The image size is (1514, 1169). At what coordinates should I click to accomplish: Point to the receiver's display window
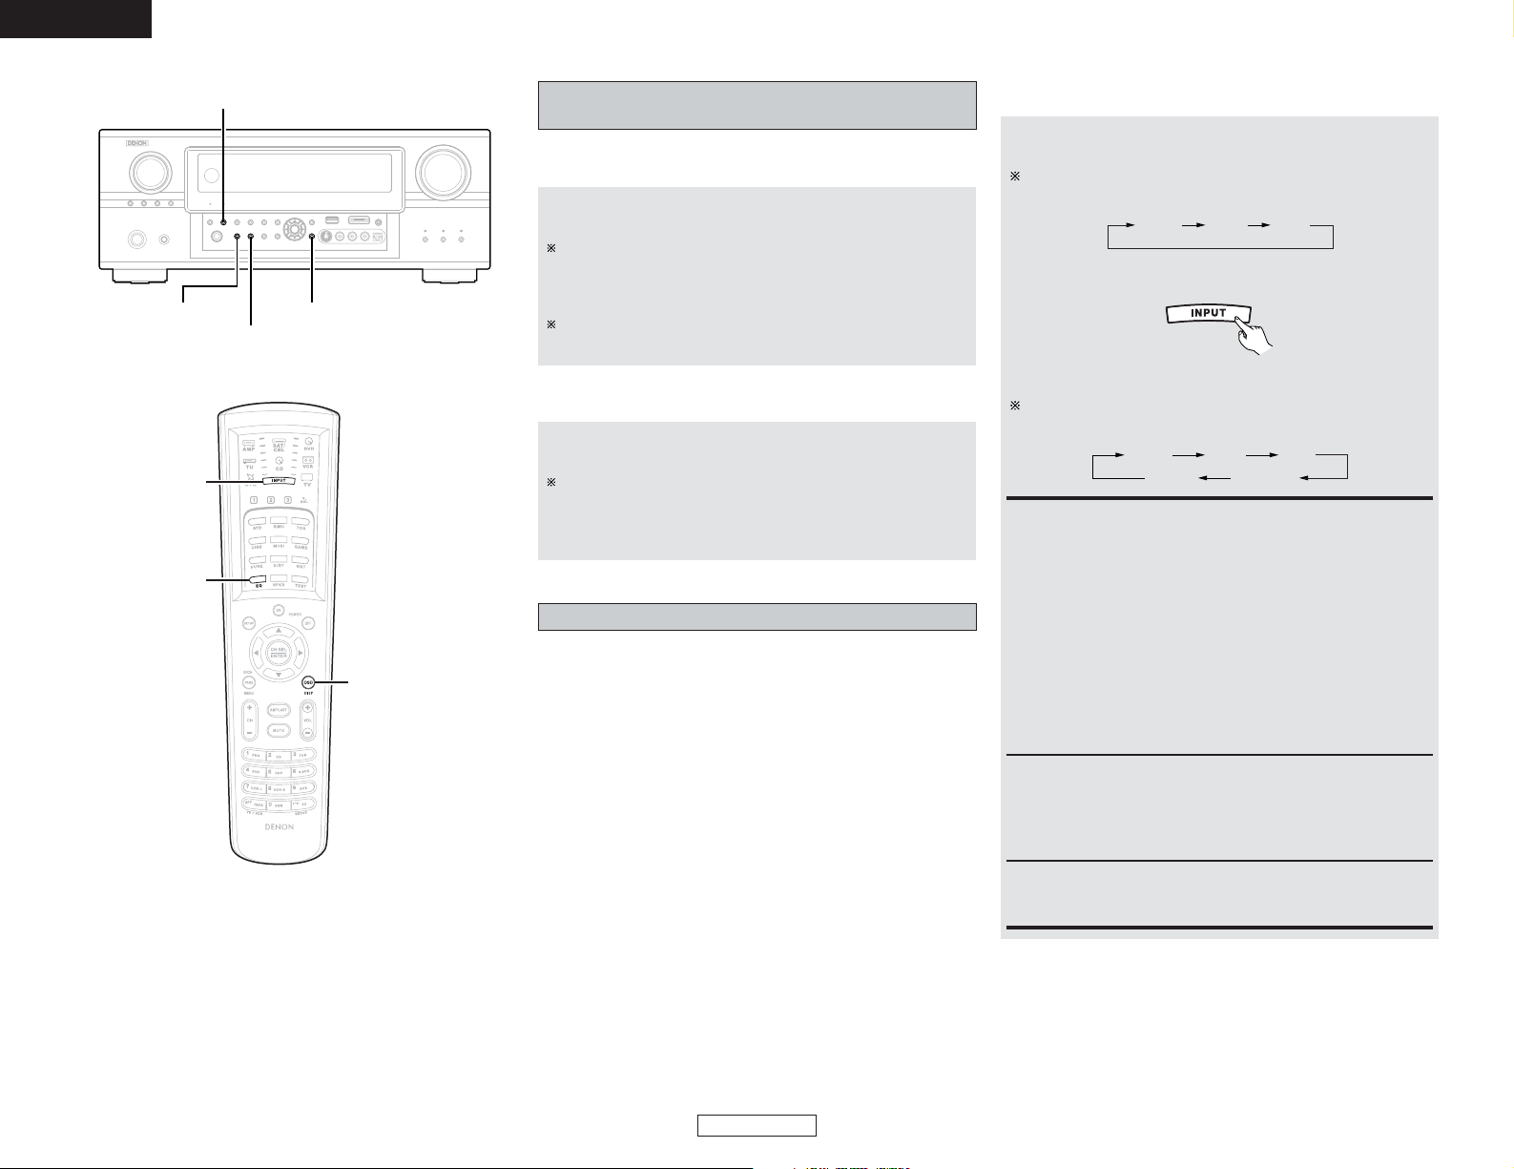294,172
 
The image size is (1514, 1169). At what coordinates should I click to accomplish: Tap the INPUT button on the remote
278,481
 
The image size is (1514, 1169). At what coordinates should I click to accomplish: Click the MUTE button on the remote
279,731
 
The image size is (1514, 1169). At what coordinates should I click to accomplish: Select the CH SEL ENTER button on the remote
279,653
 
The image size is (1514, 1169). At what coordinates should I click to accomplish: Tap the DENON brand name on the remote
278,827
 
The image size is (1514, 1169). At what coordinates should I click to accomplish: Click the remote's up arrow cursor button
279,631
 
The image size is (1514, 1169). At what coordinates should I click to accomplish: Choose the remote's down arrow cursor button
279,675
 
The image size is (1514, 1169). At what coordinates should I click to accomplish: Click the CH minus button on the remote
248,733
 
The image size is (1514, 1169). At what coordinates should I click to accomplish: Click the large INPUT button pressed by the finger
1208,313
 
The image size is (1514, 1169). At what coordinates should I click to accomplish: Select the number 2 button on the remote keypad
278,755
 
